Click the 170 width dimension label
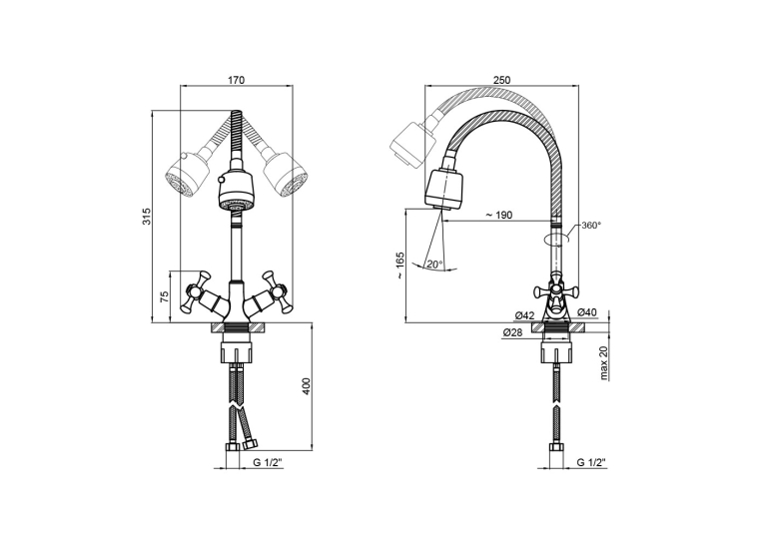click(x=236, y=80)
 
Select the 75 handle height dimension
click(x=165, y=296)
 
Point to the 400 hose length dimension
click(x=306, y=385)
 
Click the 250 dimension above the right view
click(x=501, y=80)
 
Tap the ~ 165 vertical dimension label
click(x=400, y=265)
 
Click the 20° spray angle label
click(x=434, y=265)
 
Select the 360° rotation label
click(x=591, y=226)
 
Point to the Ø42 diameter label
click(x=524, y=315)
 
